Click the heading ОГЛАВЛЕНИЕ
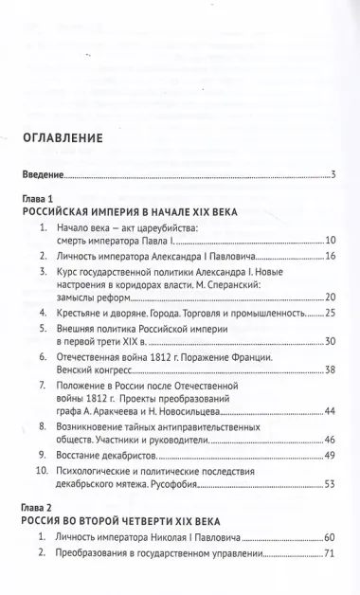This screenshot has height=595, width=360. (x=77, y=141)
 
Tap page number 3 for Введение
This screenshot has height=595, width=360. (x=333, y=175)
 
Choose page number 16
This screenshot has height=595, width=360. (x=331, y=257)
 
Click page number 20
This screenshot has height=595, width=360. (x=331, y=297)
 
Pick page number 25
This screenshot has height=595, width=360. (x=331, y=312)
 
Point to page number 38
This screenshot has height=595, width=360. (x=331, y=370)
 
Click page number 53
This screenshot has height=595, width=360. (x=331, y=484)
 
